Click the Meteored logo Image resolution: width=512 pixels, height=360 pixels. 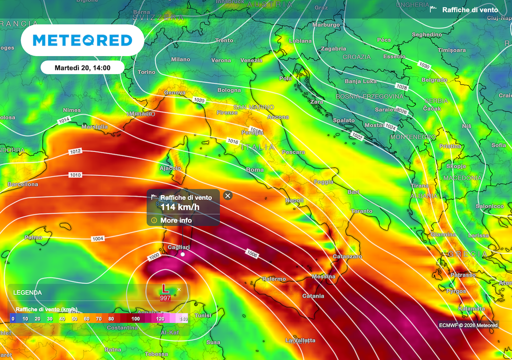coord(82,40)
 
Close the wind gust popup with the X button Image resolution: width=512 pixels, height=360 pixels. coord(228,195)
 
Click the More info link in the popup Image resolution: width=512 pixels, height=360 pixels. coord(175,220)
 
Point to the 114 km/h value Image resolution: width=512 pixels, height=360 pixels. coord(179,207)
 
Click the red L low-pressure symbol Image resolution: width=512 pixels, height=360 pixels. coord(164,288)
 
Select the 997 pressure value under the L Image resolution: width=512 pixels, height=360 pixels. coord(164,298)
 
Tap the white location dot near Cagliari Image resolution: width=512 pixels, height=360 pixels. coord(182,254)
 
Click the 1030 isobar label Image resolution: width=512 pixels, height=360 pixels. coord(424,66)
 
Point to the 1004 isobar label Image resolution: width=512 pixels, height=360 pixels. coord(98,239)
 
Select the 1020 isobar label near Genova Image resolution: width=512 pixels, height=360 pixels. coord(199,100)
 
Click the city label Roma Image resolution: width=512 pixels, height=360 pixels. coord(255,170)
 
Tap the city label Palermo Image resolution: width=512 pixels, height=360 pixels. coord(274,279)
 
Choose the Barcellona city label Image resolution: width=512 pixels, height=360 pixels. coord(22,184)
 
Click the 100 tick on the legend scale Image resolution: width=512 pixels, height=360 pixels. coord(135,318)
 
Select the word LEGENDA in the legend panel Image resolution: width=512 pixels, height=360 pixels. coord(27,292)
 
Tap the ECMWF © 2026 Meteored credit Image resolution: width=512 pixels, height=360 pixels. coord(468,325)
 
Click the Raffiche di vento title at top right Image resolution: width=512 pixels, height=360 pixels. coord(470,9)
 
